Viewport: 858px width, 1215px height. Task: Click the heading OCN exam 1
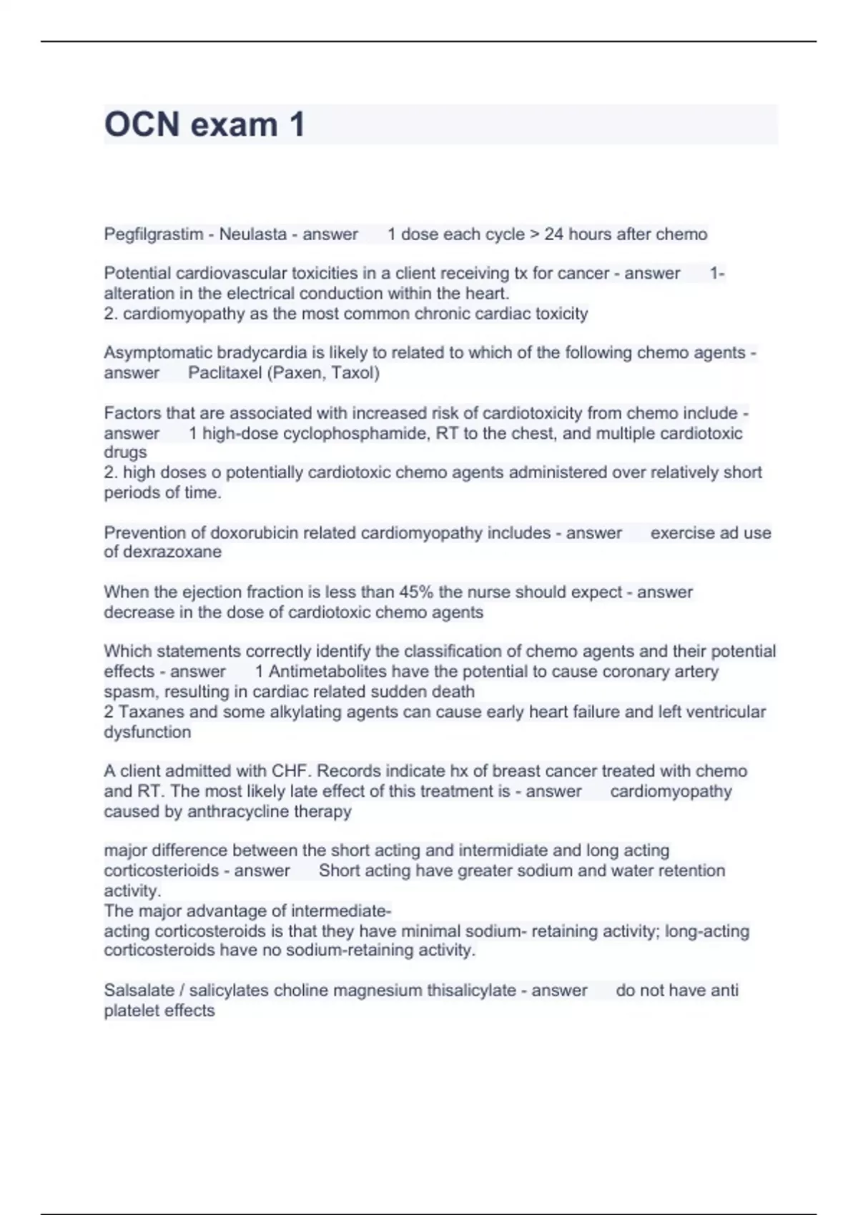[204, 124]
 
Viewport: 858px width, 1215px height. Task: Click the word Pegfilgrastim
[153, 234]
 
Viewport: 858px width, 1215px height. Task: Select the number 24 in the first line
[553, 234]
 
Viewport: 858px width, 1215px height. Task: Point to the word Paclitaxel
[225, 373]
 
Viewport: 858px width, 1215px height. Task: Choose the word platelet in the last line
[134, 1011]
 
